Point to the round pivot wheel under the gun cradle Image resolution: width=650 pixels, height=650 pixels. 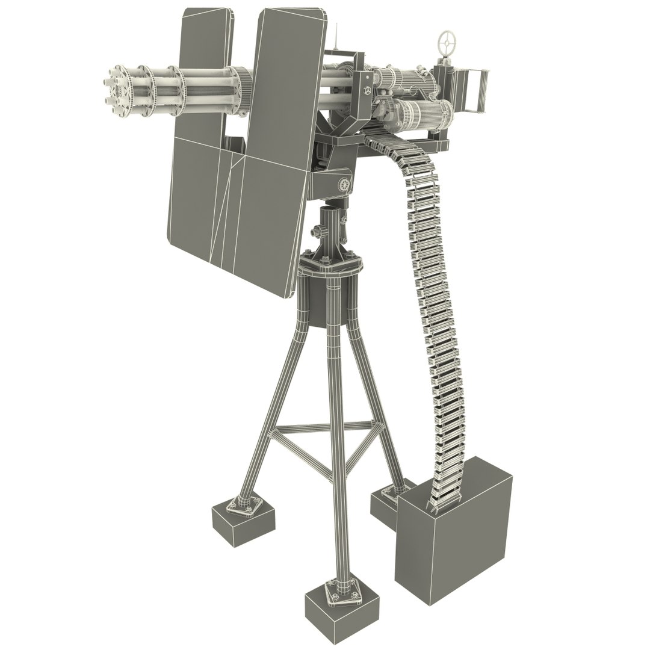pyautogui.click(x=344, y=185)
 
